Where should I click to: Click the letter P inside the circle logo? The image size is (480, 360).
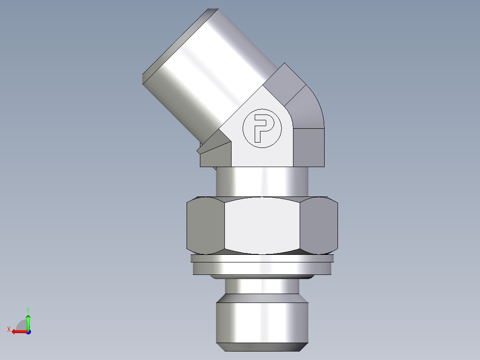[x=261, y=128]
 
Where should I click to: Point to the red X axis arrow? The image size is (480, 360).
[x=18, y=331]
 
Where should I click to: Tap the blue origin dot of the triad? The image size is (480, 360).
[x=28, y=331]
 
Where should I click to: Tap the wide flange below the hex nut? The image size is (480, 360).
[x=262, y=268]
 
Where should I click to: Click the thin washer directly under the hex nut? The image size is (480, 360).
[x=262, y=258]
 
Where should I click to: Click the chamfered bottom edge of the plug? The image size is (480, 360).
[x=262, y=346]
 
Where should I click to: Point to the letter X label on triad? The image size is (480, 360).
[x=8, y=329]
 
